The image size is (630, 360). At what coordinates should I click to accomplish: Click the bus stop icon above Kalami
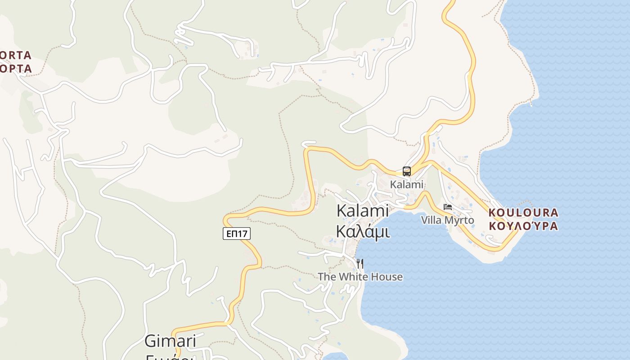(407, 171)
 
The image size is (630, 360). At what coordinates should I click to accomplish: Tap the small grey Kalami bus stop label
(407, 184)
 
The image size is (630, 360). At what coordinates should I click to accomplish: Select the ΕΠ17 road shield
(236, 234)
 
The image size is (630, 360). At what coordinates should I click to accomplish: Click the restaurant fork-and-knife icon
(360, 263)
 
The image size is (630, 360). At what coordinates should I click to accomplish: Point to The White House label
(360, 276)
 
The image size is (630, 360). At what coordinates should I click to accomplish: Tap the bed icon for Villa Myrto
(447, 207)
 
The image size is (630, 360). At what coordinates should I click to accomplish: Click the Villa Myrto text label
(447, 220)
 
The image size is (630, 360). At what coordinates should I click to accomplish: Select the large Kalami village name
(363, 211)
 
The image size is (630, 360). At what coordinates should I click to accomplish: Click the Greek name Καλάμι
(363, 231)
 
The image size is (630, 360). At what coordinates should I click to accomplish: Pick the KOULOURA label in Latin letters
(523, 212)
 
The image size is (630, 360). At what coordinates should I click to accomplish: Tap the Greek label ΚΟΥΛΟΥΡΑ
(523, 226)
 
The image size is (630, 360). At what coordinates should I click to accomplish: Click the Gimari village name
(170, 341)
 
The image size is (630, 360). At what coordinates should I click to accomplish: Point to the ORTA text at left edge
(16, 55)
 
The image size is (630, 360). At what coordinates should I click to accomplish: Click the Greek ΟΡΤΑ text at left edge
(16, 69)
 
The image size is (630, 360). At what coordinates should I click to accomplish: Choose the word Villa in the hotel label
(431, 220)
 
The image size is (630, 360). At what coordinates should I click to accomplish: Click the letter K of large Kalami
(342, 211)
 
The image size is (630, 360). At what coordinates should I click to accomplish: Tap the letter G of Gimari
(150, 341)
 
